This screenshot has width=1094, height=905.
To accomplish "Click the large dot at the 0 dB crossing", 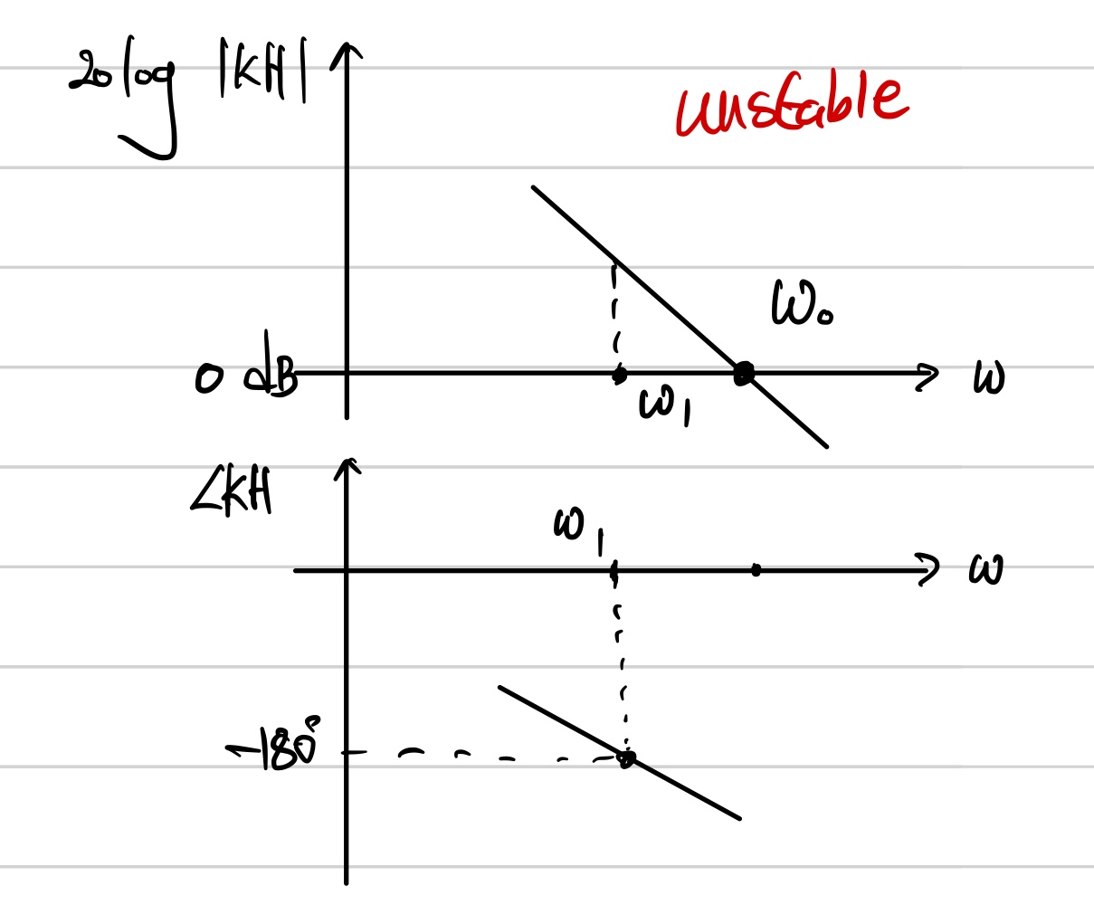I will coord(743,373).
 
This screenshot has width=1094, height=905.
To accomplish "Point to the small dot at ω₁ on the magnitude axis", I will coord(619,374).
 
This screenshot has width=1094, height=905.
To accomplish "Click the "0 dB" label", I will coord(246,376).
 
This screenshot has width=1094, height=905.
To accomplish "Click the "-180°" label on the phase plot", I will coord(276,748).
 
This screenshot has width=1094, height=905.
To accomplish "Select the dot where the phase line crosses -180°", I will coord(626,758).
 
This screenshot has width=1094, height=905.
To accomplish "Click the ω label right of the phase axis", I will coord(985,570).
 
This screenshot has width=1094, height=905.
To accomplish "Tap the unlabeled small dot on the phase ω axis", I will coord(756,570).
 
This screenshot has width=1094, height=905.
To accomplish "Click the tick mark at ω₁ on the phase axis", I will coord(614,571).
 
